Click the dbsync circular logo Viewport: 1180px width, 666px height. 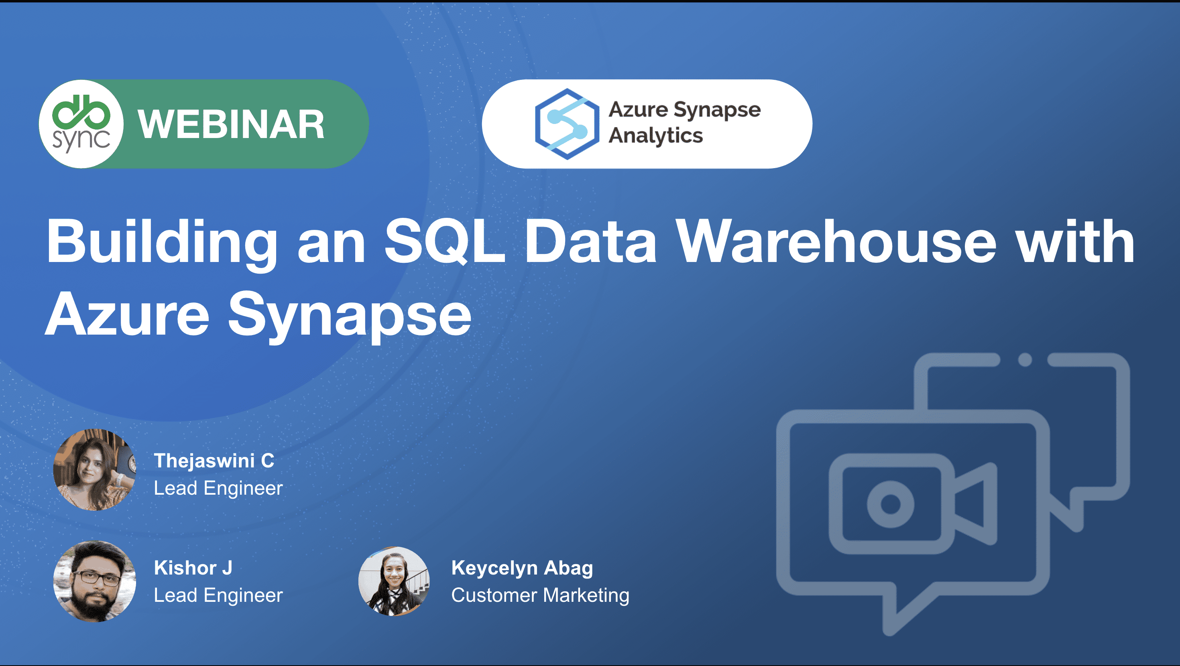pos(81,124)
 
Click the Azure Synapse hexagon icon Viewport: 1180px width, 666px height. pos(567,124)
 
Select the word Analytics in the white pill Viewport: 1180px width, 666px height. pos(655,136)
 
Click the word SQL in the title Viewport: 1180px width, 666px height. pos(444,241)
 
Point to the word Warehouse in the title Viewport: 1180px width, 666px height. pos(836,241)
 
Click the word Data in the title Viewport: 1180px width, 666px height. pos(590,241)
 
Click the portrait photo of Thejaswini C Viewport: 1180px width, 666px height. pos(94,469)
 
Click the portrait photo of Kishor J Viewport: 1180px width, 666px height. pos(94,581)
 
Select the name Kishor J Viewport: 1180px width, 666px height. pos(193,568)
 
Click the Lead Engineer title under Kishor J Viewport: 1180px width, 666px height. pos(218,595)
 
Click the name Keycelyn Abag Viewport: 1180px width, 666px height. pos(522,569)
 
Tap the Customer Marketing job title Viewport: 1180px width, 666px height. pos(540,595)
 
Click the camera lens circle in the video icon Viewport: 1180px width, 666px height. pos(891,504)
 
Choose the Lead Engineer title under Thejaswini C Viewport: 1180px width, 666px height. pos(218,488)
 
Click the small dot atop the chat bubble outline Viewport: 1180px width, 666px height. pos(1025,360)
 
